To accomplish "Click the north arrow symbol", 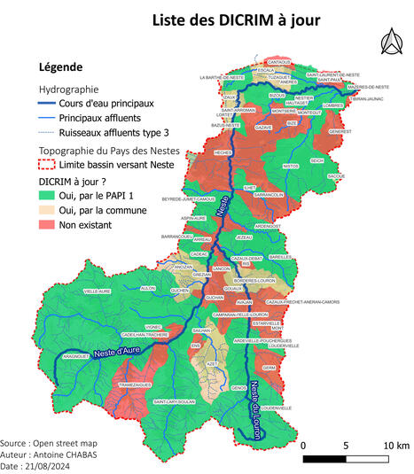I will click(x=387, y=42).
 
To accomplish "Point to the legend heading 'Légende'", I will click(x=61, y=67).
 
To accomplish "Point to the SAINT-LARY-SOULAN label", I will click(x=175, y=401).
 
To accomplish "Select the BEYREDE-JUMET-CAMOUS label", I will click(x=187, y=200).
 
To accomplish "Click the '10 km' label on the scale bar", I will click(x=396, y=445).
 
